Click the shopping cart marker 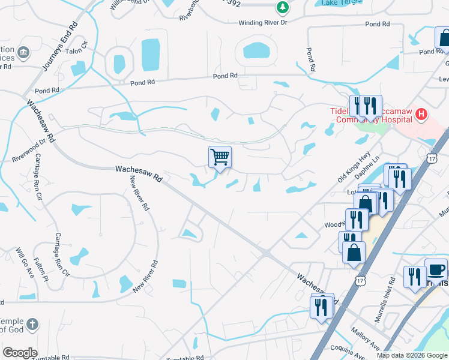pyautogui.click(x=220, y=158)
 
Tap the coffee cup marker pyautogui.click(x=436, y=269)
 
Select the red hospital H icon pyautogui.click(x=422, y=113)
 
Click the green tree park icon pyautogui.click(x=281, y=7)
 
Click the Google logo pyautogui.click(x=20, y=353)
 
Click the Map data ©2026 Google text pyautogui.click(x=412, y=355)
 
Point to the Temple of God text pyautogui.click(x=12, y=325)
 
